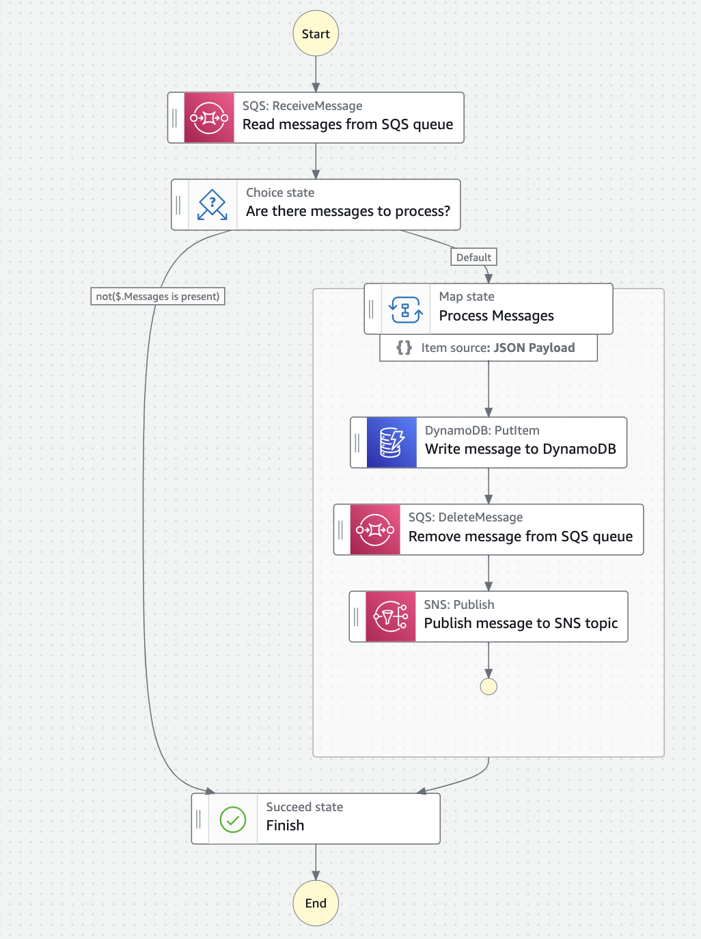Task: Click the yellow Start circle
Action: pyautogui.click(x=316, y=33)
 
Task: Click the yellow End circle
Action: pyautogui.click(x=316, y=903)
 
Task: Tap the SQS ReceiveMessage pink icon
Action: pyautogui.click(x=209, y=118)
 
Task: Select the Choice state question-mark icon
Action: pyautogui.click(x=212, y=204)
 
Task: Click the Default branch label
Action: pyautogui.click(x=473, y=257)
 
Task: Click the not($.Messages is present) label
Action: pyautogui.click(x=158, y=296)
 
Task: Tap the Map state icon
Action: pyautogui.click(x=406, y=309)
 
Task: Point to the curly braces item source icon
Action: pyautogui.click(x=404, y=347)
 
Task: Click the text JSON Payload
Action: pyautogui.click(x=534, y=347)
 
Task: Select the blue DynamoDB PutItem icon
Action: pyautogui.click(x=391, y=442)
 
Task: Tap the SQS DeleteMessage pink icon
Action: pyautogui.click(x=375, y=530)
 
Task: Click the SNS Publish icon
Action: pyautogui.click(x=391, y=616)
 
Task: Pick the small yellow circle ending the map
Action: pyautogui.click(x=489, y=686)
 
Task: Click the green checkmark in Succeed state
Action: pyautogui.click(x=233, y=819)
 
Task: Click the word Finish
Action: pyautogui.click(x=285, y=826)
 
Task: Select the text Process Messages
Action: pyautogui.click(x=496, y=316)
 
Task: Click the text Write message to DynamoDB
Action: pyautogui.click(x=520, y=449)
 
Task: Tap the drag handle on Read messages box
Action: pyautogui.click(x=175, y=118)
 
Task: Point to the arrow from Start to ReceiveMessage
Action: pyautogui.click(x=316, y=74)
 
